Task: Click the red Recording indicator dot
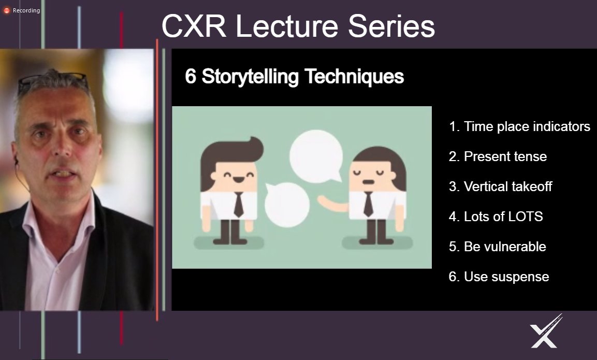(x=7, y=10)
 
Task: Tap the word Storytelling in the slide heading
(x=250, y=77)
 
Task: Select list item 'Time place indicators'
(x=519, y=126)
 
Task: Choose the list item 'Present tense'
(x=498, y=156)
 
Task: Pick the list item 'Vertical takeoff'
(x=500, y=186)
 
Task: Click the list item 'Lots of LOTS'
(x=496, y=217)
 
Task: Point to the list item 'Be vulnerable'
(x=497, y=247)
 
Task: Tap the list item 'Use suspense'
(x=499, y=277)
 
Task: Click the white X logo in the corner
(x=545, y=332)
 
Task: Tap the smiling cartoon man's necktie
(x=238, y=204)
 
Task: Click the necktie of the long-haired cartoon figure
(x=368, y=204)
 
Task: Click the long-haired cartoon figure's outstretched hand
(x=323, y=199)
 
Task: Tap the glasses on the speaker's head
(x=52, y=81)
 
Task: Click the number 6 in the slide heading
(x=191, y=77)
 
